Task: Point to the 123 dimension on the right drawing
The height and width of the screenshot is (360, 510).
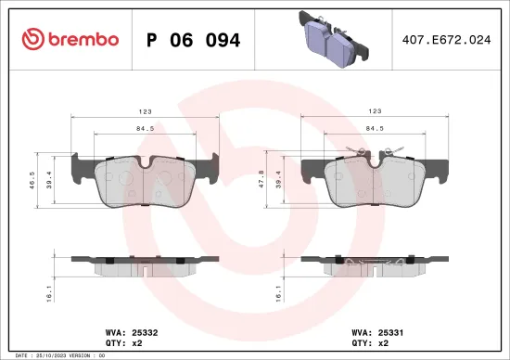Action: coord(375,111)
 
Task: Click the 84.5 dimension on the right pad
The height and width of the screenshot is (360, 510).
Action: coord(375,130)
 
